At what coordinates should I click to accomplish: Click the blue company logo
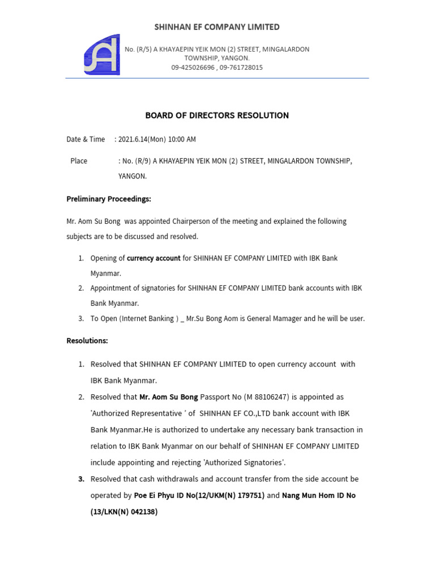(102, 55)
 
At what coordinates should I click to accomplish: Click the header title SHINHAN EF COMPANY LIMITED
(217, 27)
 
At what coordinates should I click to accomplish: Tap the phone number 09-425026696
(193, 67)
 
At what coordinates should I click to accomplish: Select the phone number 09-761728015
(241, 67)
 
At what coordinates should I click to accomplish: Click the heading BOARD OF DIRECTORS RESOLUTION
(217, 116)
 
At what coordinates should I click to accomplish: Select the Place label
(79, 161)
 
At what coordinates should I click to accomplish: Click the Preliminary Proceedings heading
(109, 199)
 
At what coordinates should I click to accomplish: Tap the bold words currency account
(153, 258)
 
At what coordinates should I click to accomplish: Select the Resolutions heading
(87, 341)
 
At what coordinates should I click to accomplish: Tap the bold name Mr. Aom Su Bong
(168, 397)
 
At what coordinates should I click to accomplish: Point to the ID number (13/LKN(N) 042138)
(124, 512)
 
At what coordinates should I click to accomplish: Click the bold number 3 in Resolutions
(81, 479)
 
